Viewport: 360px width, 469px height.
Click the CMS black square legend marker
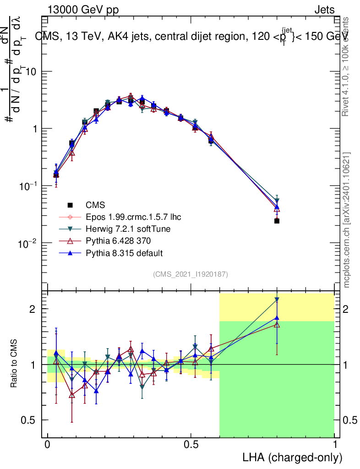pyautogui.click(x=70, y=205)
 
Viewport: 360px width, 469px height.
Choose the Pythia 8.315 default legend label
pyautogui.click(x=124, y=253)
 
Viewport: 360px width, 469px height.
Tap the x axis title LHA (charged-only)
pyautogui.click(x=292, y=458)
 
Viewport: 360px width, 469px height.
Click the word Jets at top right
pyautogui.click(x=324, y=10)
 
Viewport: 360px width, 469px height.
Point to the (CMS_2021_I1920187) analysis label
pyautogui.click(x=191, y=274)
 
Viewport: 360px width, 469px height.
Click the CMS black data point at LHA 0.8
pyautogui.click(x=277, y=221)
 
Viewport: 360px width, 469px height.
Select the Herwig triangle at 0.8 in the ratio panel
pyautogui.click(x=277, y=300)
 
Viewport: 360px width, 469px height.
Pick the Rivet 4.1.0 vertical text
pyautogui.click(x=347, y=66)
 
